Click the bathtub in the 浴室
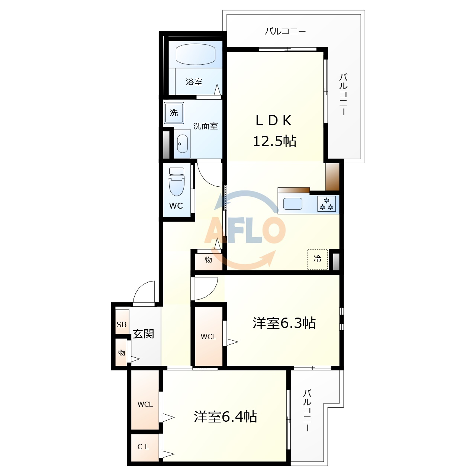[195, 55]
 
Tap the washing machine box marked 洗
[174, 113]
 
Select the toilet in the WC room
[177, 182]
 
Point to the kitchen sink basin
[293, 204]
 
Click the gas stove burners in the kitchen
[327, 204]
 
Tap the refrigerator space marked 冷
[318, 259]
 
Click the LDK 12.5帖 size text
[274, 141]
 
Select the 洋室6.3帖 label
[284, 323]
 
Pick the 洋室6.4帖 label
[225, 416]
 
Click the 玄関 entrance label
[143, 334]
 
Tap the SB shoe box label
[122, 324]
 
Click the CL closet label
[143, 447]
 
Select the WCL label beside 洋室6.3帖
[208, 337]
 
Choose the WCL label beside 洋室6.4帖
[145, 404]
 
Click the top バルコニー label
[285, 31]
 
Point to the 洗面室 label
[205, 126]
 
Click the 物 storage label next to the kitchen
[208, 260]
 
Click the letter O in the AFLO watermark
[273, 229]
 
